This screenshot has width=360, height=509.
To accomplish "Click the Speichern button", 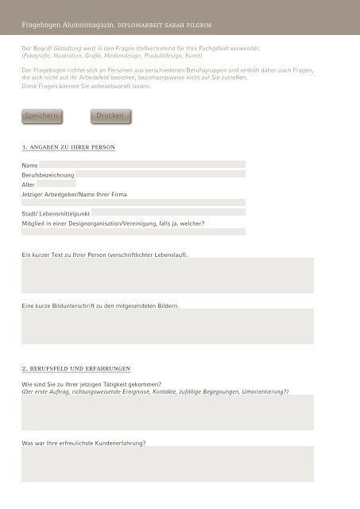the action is point(41,116).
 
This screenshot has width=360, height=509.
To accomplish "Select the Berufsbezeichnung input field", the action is point(161,174).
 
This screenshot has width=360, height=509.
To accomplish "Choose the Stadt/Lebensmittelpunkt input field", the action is point(168,213).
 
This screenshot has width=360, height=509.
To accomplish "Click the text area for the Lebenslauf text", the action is point(167,276).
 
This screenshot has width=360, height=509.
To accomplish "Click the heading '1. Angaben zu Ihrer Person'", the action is point(68,148).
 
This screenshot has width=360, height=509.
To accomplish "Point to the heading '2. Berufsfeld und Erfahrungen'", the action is point(75,369).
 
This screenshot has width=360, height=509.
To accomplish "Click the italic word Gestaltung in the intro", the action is point(68,49).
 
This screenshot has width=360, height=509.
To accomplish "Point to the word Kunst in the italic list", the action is point(192,56).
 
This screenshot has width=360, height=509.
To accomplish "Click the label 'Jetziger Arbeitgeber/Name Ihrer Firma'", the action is point(74,194).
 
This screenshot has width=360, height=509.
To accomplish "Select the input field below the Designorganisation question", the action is point(133,232).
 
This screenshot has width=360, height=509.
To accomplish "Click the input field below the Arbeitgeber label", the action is point(133,203).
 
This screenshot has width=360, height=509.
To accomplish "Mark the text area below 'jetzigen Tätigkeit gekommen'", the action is point(167,413).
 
